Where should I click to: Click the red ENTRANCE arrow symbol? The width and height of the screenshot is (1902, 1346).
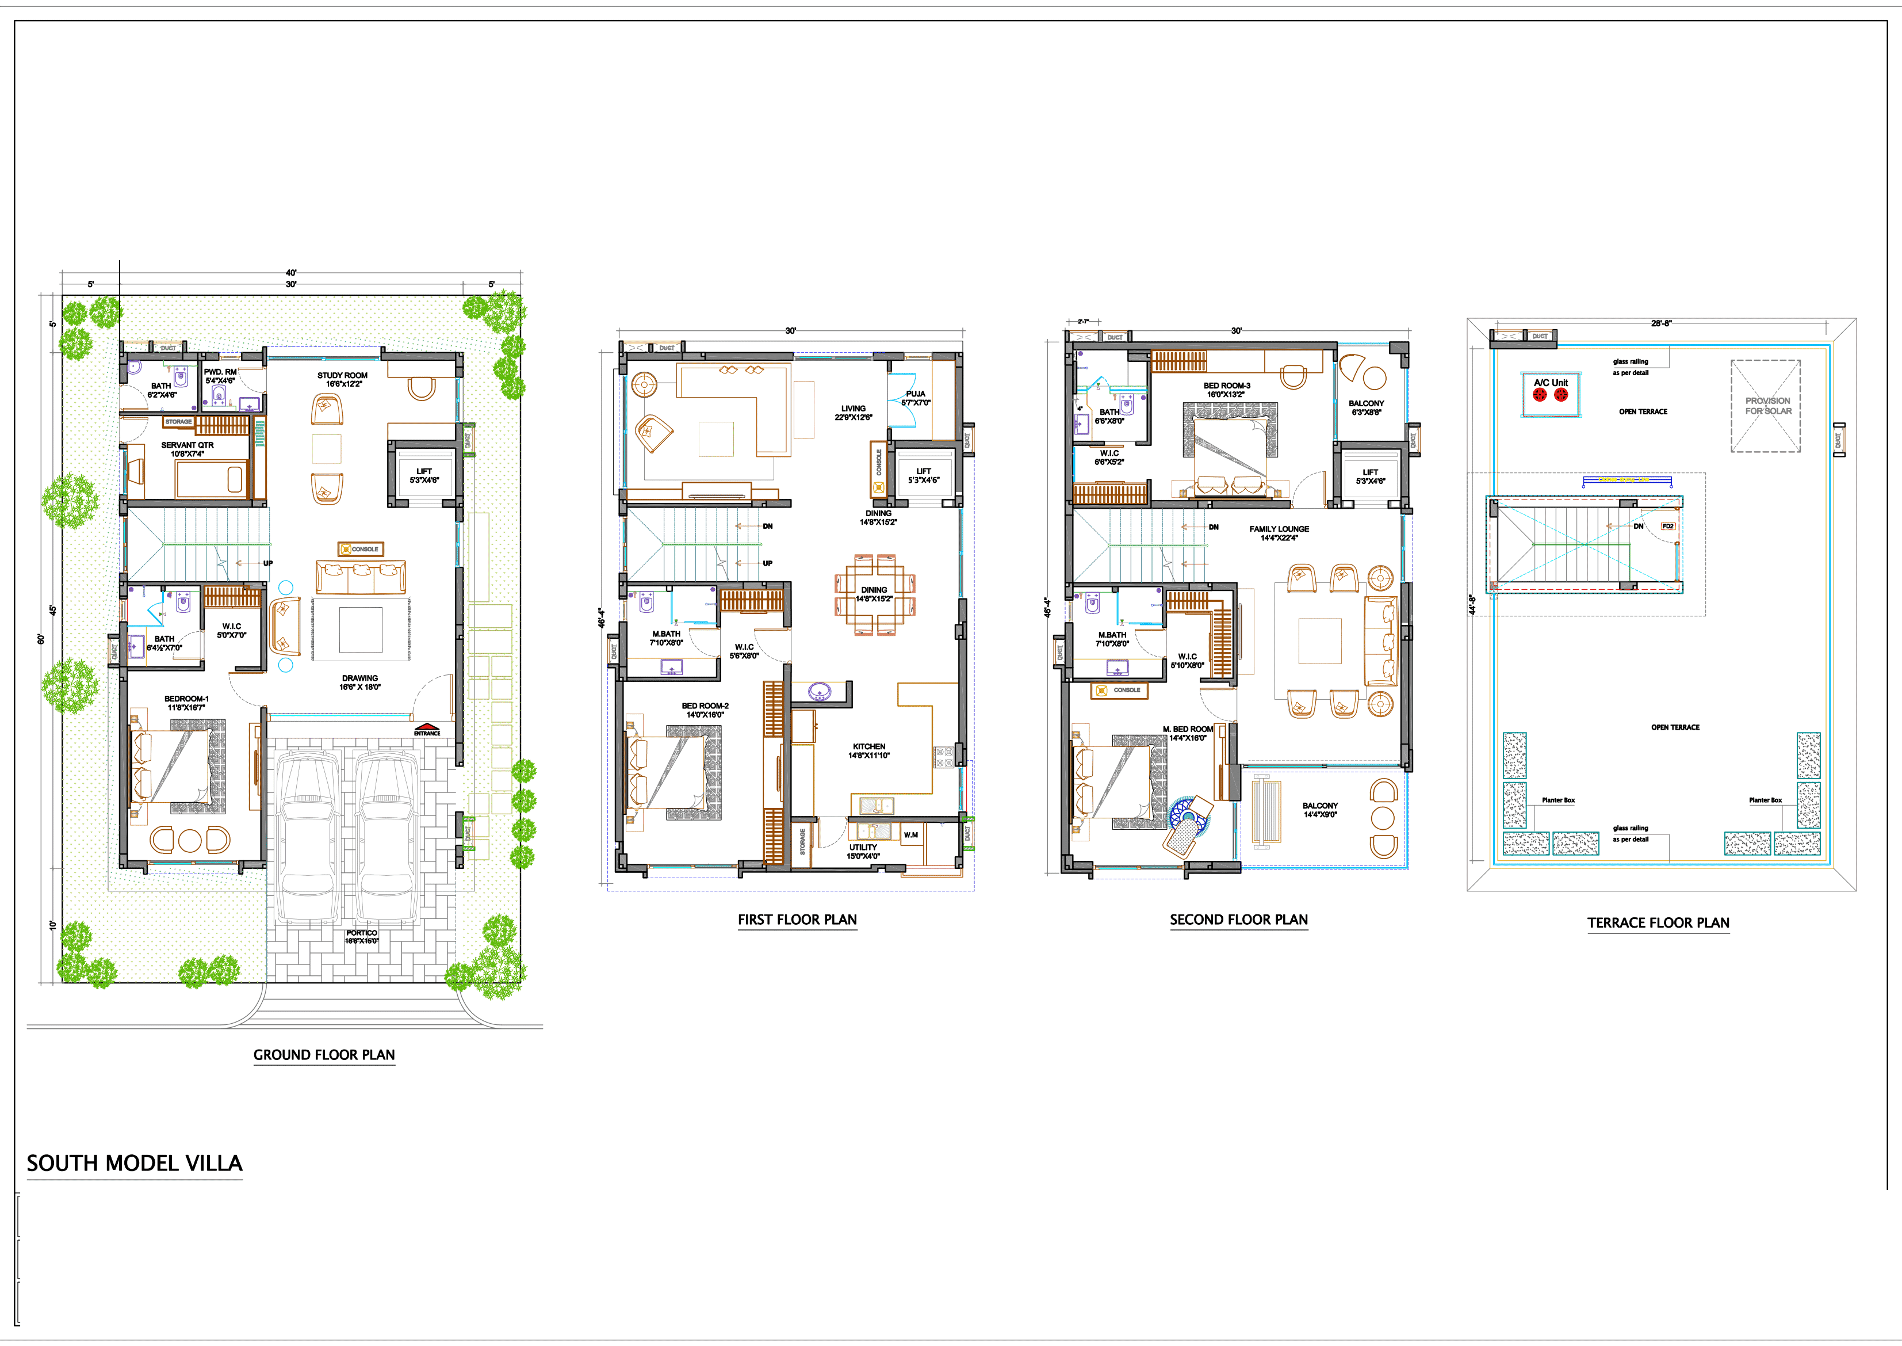pyautogui.click(x=427, y=726)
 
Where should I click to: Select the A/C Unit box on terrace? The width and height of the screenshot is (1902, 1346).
pyautogui.click(x=1551, y=394)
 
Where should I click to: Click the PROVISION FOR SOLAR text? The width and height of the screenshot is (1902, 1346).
pyautogui.click(x=1768, y=405)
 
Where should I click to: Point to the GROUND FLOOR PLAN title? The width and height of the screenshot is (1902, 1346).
pyautogui.click(x=324, y=1054)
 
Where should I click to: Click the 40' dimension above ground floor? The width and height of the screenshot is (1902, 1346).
pyautogui.click(x=291, y=273)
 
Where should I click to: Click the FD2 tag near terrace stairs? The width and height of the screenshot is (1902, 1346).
pyautogui.click(x=1667, y=527)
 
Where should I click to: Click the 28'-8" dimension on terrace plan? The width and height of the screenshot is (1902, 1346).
pyautogui.click(x=1661, y=323)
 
